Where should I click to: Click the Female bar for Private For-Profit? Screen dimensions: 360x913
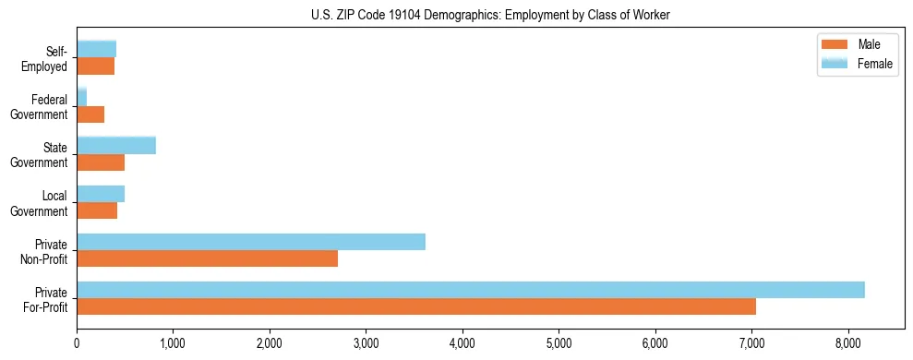click(470, 290)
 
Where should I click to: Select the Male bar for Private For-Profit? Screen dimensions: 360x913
click(415, 306)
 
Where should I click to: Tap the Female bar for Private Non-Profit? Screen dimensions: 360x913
click(250, 242)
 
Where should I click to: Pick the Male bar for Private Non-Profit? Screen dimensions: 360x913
click(207, 258)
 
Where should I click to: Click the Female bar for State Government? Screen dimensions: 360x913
click(115, 145)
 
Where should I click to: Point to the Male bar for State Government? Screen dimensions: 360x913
click(100, 162)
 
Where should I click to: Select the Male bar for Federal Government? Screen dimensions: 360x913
click(90, 114)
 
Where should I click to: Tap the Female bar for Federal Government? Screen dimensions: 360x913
click(81, 97)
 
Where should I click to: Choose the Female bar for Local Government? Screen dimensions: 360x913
click(100, 194)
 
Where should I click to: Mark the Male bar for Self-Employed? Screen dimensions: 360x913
click(95, 66)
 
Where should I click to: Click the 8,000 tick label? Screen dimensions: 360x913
click(848, 343)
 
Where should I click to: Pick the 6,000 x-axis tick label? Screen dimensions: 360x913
click(655, 343)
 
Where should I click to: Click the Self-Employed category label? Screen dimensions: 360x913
click(48, 58)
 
